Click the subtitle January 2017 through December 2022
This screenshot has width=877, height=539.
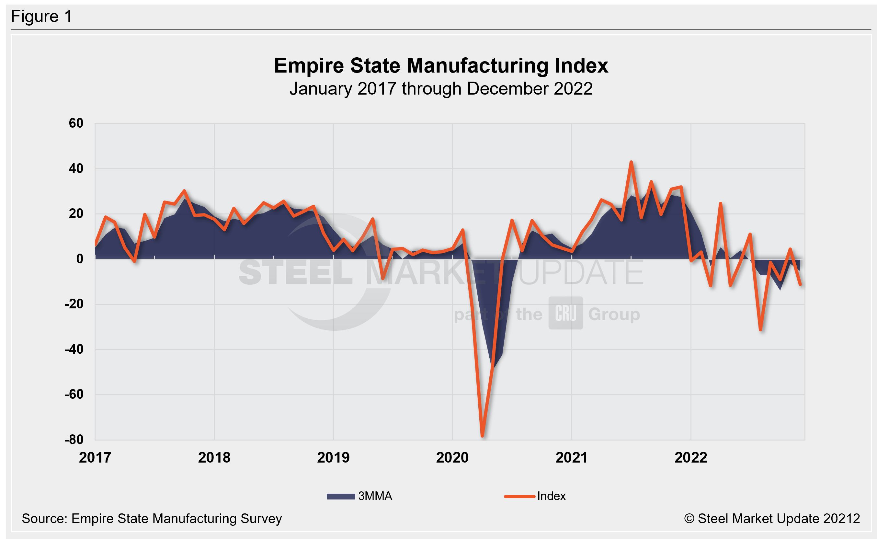coord(441,88)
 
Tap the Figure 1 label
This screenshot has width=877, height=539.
coord(41,17)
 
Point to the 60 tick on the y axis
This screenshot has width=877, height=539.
coord(76,123)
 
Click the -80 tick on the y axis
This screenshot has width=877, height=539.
coord(74,440)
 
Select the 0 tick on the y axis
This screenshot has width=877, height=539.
coord(80,259)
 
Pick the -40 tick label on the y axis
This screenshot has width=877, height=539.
coord(74,350)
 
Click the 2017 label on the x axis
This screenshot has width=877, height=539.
coord(95,458)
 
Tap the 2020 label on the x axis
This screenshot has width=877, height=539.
coord(452,458)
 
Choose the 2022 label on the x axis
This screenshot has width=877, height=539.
coord(691,458)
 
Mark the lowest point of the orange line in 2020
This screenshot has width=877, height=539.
coord(482,436)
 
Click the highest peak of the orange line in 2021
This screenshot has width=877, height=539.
coord(631,162)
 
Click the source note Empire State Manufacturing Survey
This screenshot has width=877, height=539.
coord(152,519)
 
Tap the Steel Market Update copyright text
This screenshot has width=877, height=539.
coord(772,519)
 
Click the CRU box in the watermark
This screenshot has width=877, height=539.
coord(565,313)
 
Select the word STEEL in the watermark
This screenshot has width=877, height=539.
coord(295,273)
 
